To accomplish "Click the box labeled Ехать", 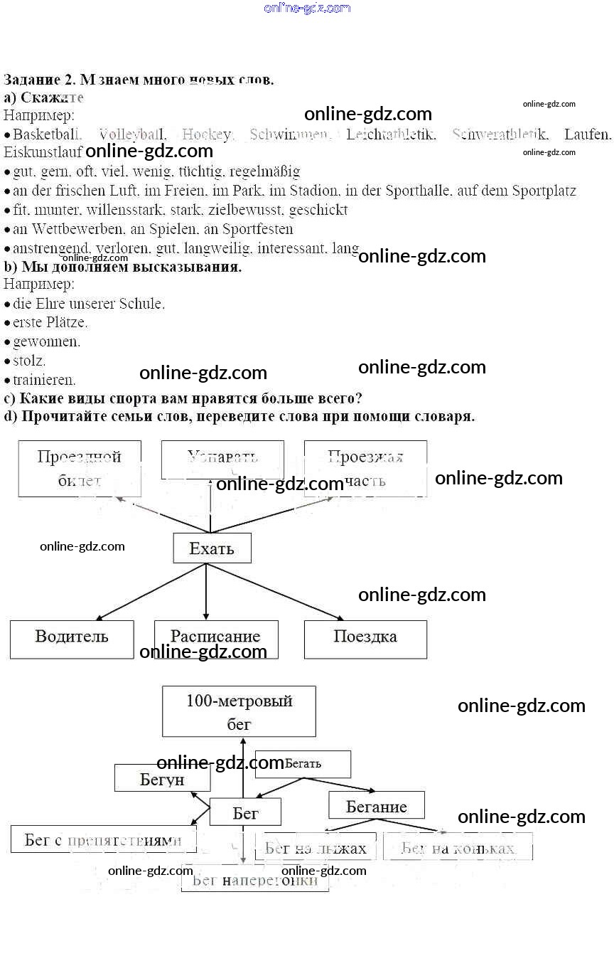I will coord(212,548).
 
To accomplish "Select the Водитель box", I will coord(72,639).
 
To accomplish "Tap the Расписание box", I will coord(216,639).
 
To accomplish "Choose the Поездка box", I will coord(365,639).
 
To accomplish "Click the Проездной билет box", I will coord(80,468).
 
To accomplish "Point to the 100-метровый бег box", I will coord(239,711).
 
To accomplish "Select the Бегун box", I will coord(162,779).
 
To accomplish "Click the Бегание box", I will coord(376,806).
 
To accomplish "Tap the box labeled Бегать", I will coord(303,764).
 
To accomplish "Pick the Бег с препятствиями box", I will coord(103,839).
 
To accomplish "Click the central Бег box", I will coord(245,812).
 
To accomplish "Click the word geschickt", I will coord(318,210).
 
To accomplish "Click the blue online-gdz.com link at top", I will coord(307,8).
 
